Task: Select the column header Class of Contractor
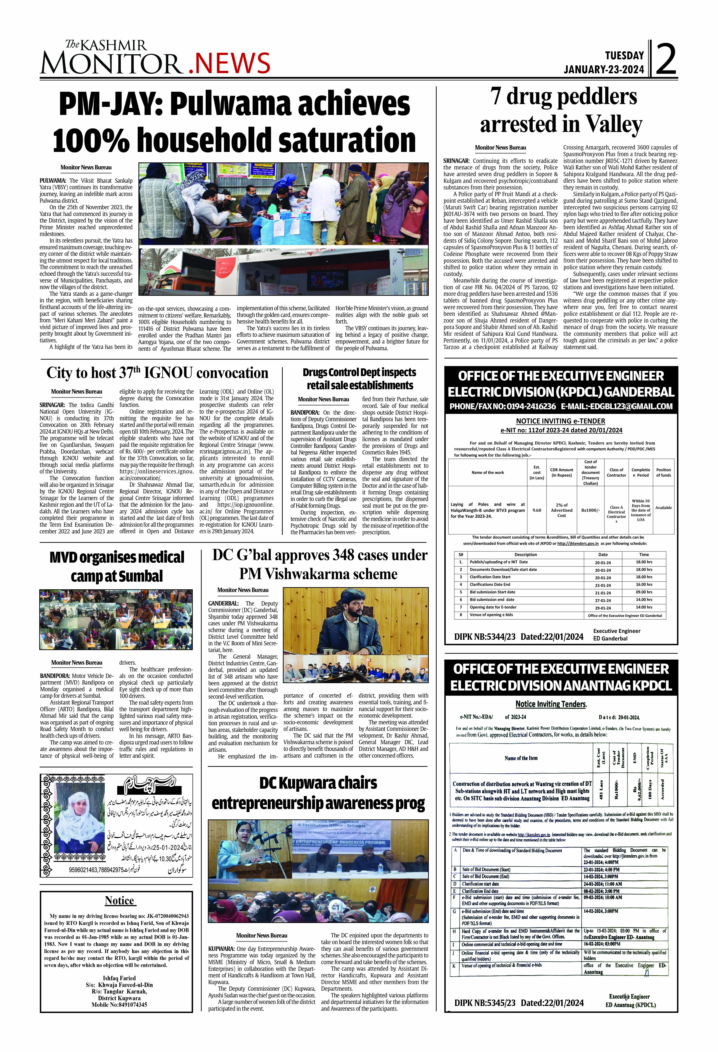(x=616, y=473)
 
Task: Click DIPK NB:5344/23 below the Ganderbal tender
(x=485, y=636)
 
